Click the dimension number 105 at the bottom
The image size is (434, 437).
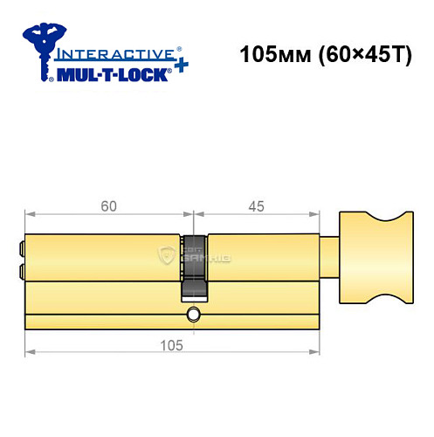(170, 345)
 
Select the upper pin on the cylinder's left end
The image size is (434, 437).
(21, 247)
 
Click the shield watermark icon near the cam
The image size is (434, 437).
(167, 255)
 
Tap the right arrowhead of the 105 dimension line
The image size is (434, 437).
(316, 352)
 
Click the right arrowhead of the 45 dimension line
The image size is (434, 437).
(316, 215)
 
